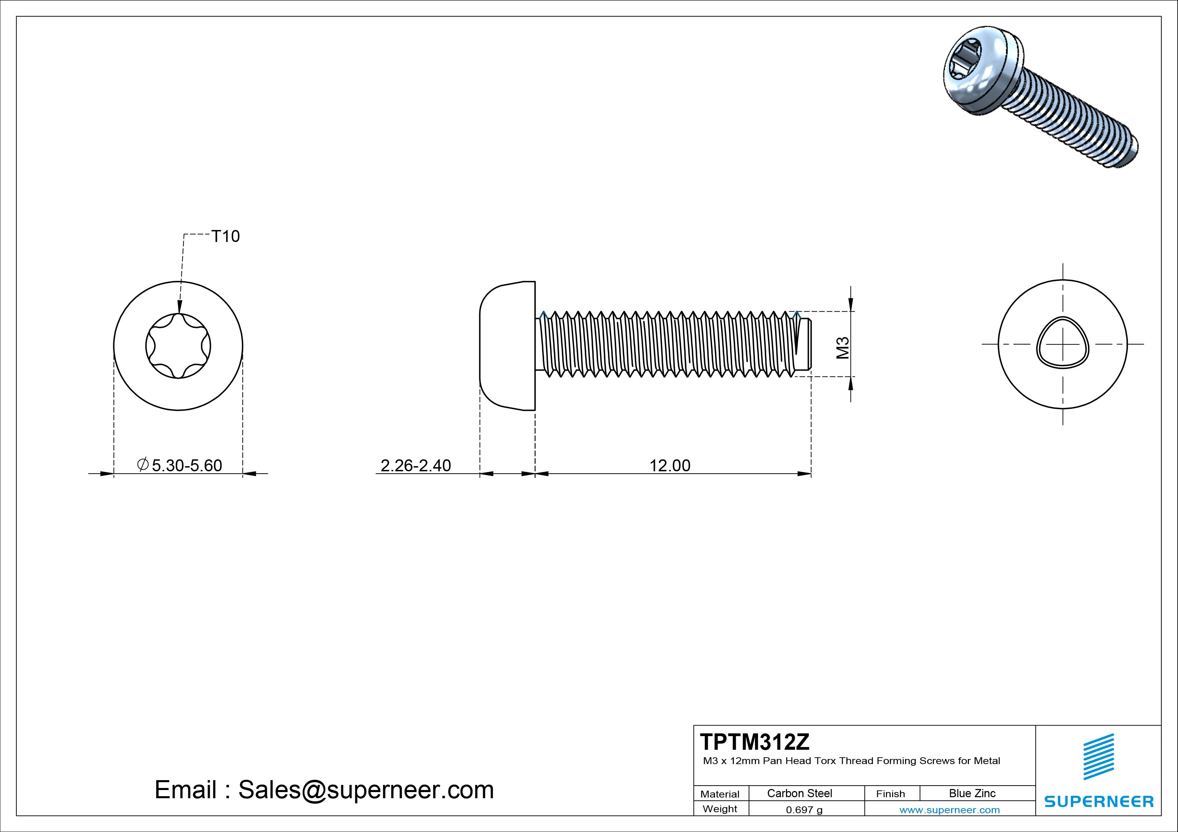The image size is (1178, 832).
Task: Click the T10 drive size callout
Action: [226, 236]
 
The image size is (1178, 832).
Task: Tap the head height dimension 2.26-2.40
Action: [416, 465]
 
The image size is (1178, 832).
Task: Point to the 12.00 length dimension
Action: [670, 465]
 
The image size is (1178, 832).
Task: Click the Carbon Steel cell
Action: [799, 793]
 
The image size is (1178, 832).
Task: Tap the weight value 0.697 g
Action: [804, 810]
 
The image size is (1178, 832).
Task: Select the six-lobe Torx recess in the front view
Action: [178, 346]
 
